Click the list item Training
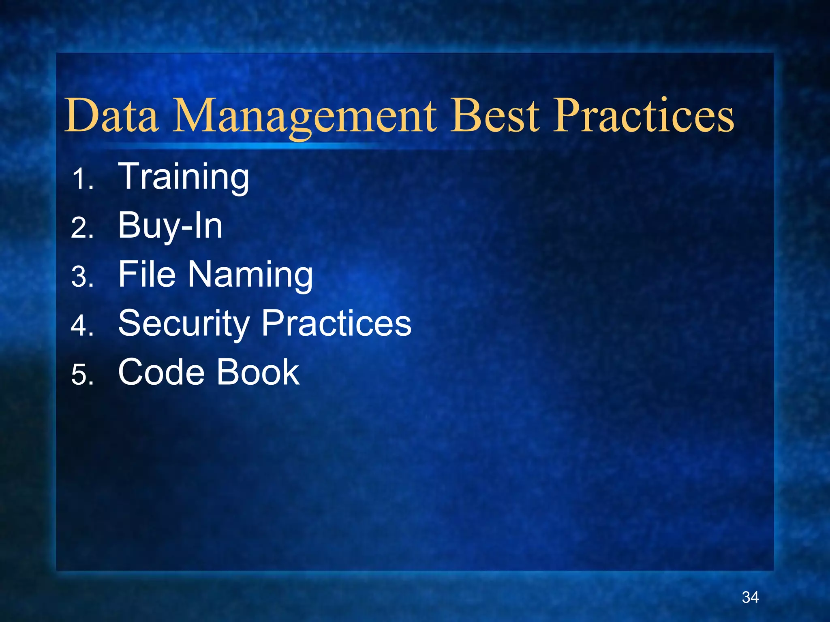[183, 177]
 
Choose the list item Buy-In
[170, 226]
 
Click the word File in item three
[147, 275]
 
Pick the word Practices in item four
[336, 323]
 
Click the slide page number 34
[750, 597]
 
